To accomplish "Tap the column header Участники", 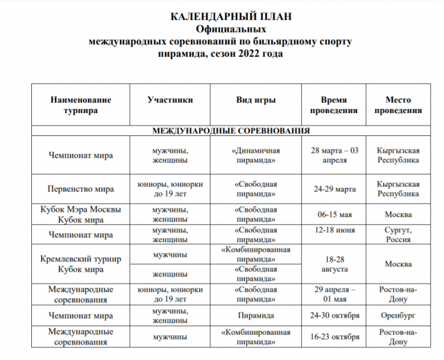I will tap(170, 100).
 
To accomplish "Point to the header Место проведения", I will tap(398, 105).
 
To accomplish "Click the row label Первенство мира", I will tap(80, 189).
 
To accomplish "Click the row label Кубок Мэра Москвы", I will tap(80, 209).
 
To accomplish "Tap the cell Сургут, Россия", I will tap(398, 234).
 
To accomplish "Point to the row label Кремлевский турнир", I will tap(80, 259).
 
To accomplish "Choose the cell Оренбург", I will tap(398, 316).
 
